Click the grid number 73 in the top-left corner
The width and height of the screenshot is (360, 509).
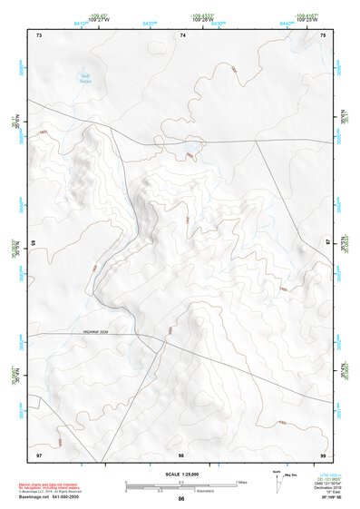(39, 34)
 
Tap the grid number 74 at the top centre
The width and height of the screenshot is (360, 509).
(182, 34)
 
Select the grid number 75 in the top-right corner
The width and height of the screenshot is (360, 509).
(324, 34)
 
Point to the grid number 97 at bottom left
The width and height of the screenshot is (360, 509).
(39, 453)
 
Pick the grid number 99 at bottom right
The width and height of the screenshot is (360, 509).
(323, 453)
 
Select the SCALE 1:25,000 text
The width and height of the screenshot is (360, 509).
(182, 474)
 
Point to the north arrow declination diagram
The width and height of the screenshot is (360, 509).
(276, 476)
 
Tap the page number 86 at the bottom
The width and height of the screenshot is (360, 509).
(181, 500)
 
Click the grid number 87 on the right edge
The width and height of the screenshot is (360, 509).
(328, 242)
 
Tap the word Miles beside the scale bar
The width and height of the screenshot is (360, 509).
(240, 481)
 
